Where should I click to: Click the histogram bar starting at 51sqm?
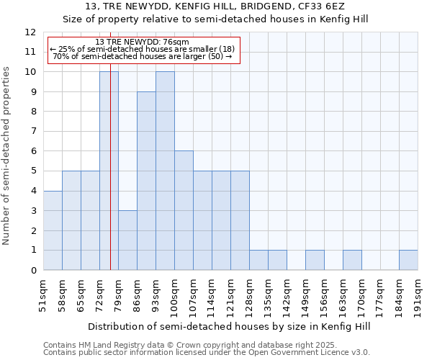[53, 230]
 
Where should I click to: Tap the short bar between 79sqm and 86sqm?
[127, 240]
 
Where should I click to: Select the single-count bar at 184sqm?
[408, 260]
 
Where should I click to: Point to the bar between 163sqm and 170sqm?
[352, 260]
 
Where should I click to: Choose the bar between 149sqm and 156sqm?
[315, 260]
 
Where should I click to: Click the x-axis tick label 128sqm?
[250, 296]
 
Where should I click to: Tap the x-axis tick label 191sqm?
[418, 296]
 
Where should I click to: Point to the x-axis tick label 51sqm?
[44, 296]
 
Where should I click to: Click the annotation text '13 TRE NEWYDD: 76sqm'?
[142, 42]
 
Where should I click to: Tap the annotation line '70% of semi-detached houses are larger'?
[142, 56]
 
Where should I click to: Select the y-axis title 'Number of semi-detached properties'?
[6, 156]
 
